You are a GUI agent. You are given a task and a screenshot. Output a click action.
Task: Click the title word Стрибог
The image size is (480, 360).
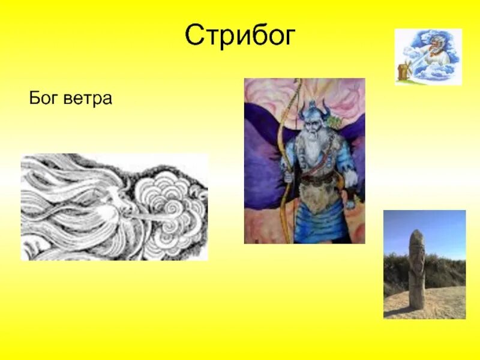coord(240,36)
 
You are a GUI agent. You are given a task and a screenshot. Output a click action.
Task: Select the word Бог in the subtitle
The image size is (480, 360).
coord(43,98)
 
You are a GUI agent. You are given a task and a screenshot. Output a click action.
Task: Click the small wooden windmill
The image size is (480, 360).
coord(403,71)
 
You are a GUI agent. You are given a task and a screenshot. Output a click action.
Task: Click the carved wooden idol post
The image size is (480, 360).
coord(416,273)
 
